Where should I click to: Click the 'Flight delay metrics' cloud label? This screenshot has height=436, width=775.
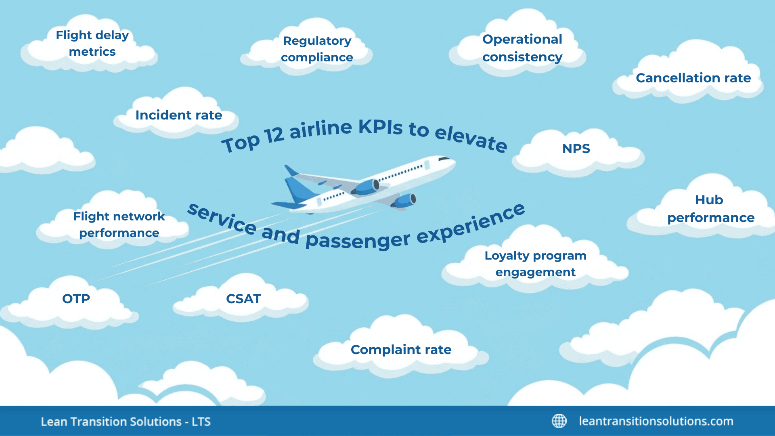pos(92,43)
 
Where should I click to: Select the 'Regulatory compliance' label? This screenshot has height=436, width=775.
pos(317,49)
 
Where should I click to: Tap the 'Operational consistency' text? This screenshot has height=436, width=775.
pos(522,48)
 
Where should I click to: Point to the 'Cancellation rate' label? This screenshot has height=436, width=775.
pos(693,78)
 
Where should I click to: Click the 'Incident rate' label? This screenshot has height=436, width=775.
pos(178,115)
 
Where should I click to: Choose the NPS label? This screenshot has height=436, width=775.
pos(576,149)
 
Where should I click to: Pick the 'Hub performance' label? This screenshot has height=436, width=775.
pos(710,209)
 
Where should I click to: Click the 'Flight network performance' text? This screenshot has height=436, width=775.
pos(119,224)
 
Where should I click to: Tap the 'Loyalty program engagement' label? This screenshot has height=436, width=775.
pos(535,264)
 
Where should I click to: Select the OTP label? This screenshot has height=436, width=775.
pos(76,299)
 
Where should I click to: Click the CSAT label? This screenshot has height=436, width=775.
pos(243,299)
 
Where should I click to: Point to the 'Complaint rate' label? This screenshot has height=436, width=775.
pos(401,350)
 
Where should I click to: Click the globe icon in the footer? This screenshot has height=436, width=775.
pos(559,421)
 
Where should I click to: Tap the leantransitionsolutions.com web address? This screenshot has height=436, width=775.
pos(656,421)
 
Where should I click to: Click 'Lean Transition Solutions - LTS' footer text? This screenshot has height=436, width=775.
pos(126,421)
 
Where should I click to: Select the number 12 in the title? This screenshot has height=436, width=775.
pos(274,136)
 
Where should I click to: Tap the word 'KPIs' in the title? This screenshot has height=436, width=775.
pos(380,127)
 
